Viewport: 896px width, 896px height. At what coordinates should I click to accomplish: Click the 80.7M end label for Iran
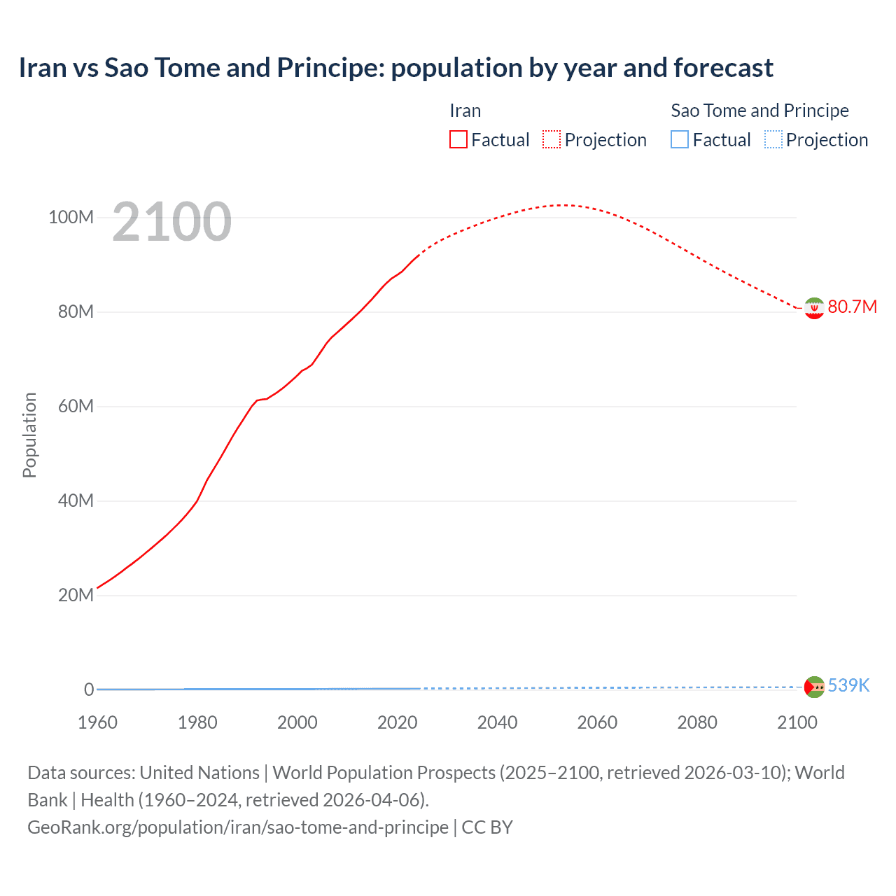[x=852, y=307]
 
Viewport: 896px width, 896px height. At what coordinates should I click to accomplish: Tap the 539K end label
[x=848, y=685]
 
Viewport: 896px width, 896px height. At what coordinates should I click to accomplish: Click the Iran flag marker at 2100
[x=813, y=308]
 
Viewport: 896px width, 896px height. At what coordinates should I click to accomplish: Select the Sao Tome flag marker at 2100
[x=814, y=687]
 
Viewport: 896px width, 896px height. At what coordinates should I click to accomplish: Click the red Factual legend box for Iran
[x=458, y=139]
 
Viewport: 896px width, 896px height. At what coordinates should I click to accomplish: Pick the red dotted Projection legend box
[x=552, y=139]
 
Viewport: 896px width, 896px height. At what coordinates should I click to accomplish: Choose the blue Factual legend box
[x=680, y=139]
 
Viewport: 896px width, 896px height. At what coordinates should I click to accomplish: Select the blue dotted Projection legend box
[x=773, y=139]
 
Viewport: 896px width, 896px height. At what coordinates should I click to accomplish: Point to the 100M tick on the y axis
[x=71, y=217]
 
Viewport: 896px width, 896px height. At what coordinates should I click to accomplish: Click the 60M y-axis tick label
[x=76, y=406]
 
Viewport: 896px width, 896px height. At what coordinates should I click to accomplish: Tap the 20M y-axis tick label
[x=76, y=595]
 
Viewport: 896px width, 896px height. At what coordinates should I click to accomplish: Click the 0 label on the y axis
[x=89, y=689]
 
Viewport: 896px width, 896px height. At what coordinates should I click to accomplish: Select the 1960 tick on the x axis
[x=97, y=722]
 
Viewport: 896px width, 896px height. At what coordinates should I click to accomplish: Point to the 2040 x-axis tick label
[x=497, y=722]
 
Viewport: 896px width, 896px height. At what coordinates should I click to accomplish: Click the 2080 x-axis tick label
[x=697, y=722]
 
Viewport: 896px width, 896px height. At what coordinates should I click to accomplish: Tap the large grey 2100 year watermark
[x=171, y=222]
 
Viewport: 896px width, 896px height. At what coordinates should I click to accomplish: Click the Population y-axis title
[x=29, y=435]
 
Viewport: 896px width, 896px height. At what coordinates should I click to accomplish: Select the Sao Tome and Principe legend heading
[x=759, y=111]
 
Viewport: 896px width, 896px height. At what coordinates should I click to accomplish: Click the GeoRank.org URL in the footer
[x=238, y=827]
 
